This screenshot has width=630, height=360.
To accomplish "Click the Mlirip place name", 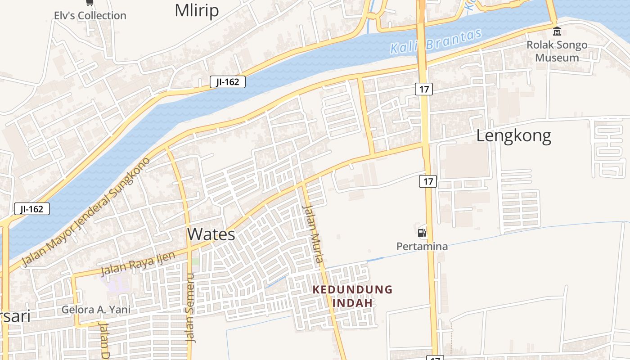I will click(x=197, y=10).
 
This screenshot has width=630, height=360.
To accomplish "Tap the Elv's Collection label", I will click(x=90, y=15).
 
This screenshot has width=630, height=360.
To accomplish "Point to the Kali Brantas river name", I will click(x=436, y=41).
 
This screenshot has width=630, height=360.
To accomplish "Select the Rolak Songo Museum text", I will click(x=557, y=51).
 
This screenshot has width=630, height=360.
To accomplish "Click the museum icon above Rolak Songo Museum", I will click(x=557, y=31).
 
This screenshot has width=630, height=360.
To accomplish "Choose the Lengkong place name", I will click(x=513, y=135).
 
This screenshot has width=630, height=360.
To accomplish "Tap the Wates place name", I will click(x=211, y=234).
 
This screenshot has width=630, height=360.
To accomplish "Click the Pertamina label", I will click(x=422, y=246).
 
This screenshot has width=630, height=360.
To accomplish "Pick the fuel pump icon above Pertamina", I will click(x=422, y=232).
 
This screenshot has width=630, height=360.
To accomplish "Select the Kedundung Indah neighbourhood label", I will click(x=353, y=296).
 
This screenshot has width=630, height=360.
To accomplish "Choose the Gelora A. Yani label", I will click(x=96, y=310).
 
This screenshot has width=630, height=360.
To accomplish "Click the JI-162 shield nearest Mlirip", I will click(x=228, y=82).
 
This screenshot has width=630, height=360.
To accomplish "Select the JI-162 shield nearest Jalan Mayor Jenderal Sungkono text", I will click(x=32, y=209).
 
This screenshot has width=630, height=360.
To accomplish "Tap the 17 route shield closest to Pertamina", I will click(x=428, y=181).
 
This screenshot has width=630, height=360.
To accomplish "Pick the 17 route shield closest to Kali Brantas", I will click(x=424, y=89).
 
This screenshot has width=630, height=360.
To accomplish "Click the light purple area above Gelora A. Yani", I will click(x=116, y=281).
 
